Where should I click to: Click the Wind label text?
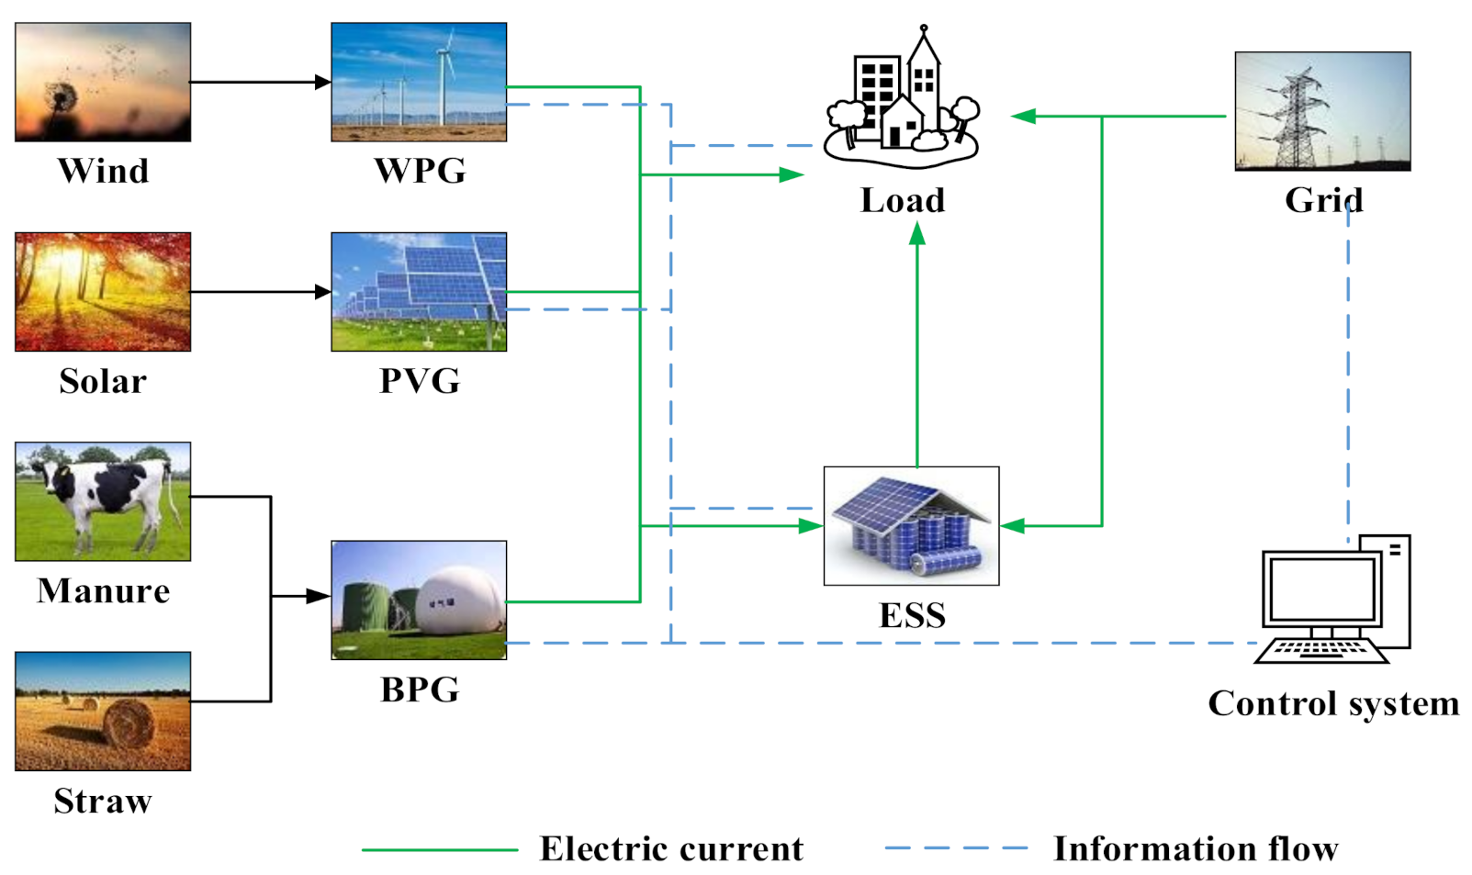click(103, 171)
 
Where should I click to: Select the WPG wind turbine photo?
click(419, 82)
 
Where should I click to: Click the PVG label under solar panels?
click(420, 380)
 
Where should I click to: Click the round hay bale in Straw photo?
click(128, 723)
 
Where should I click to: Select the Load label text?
click(902, 200)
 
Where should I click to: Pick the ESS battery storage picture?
click(911, 526)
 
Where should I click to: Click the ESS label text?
click(912, 615)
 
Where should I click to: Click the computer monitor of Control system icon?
click(1321, 588)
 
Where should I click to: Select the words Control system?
click(1332, 703)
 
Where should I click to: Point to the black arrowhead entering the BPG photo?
click(319, 597)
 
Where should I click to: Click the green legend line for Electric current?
click(440, 849)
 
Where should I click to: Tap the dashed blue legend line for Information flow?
click(956, 849)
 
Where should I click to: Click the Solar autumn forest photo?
click(103, 292)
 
